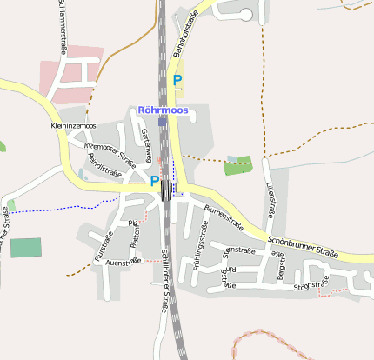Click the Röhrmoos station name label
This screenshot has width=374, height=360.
[x=163, y=110]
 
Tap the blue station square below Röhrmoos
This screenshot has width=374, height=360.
[x=162, y=123]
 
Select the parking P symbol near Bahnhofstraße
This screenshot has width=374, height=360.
[x=177, y=80]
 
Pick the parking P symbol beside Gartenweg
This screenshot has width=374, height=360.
[x=155, y=181]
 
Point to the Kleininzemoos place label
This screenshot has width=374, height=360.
[x=73, y=126]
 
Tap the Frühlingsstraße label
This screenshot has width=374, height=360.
[x=201, y=249]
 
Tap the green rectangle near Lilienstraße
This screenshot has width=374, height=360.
[x=238, y=165]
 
